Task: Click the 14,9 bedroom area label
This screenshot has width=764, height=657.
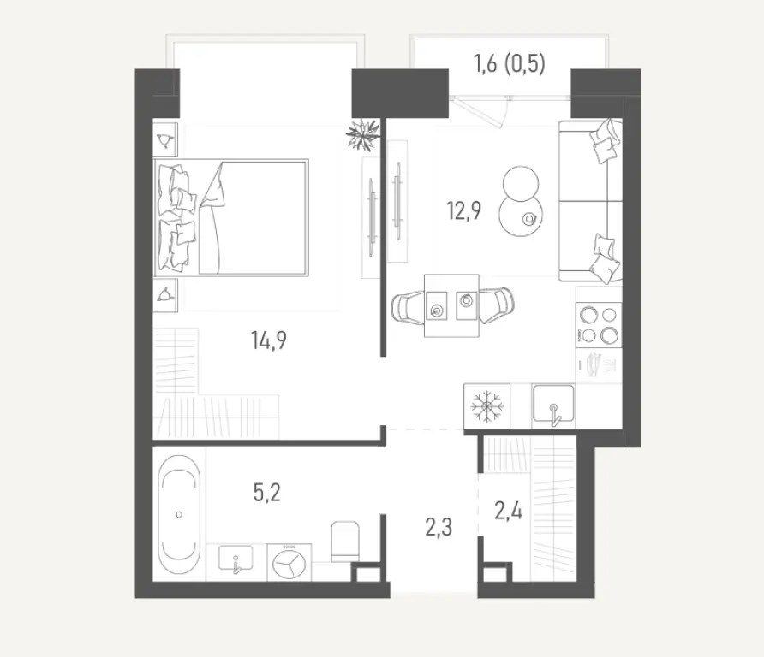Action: coord(268,340)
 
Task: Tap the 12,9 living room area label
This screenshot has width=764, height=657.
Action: coord(464,210)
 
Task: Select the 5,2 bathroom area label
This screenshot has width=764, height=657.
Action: coord(267,493)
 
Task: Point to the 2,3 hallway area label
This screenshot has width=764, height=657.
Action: coord(439,527)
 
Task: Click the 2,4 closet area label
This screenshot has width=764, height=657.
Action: coord(508,511)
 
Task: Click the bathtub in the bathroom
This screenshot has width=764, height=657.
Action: coord(179,515)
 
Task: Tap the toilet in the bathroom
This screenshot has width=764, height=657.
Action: coord(345,542)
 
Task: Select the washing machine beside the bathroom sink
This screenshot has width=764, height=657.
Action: coord(289,562)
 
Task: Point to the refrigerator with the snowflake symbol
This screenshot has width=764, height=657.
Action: coord(486,406)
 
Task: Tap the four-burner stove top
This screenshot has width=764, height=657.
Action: coord(599,324)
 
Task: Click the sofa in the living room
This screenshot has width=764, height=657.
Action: coord(590,201)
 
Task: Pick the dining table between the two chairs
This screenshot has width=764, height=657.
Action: coord(451,305)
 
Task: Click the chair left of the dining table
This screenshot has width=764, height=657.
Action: coord(409,307)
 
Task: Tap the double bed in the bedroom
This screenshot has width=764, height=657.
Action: coord(231,217)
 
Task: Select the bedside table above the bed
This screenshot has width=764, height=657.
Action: coord(165,139)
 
